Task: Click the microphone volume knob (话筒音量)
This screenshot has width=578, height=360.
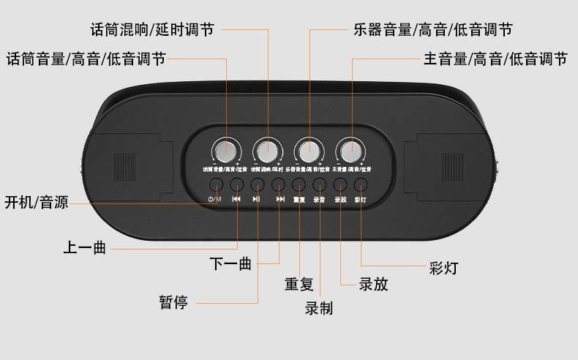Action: [x=227, y=151]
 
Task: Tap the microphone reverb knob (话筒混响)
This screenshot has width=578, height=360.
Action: [x=268, y=151]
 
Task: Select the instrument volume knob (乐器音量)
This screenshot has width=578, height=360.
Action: [x=309, y=151]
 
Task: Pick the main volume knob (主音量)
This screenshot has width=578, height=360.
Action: [x=351, y=151]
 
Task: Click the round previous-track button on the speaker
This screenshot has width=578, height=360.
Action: [x=236, y=185]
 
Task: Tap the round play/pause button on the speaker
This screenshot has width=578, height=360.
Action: [x=258, y=185]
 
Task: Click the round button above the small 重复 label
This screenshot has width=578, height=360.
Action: [x=299, y=185]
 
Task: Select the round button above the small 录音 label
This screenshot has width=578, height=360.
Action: [x=319, y=185]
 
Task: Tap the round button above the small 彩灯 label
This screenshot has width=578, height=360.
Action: [x=360, y=185]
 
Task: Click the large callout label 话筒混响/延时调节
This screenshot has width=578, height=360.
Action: [x=152, y=30]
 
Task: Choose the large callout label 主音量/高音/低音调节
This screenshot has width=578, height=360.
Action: [x=495, y=59]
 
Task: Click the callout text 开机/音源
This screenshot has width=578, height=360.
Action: [x=37, y=202]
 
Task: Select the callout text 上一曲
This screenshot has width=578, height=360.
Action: [x=84, y=248]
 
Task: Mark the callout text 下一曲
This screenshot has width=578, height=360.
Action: [x=230, y=263]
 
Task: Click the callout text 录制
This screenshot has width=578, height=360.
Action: [x=318, y=308]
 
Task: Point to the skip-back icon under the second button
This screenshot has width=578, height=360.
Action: [x=236, y=199]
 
